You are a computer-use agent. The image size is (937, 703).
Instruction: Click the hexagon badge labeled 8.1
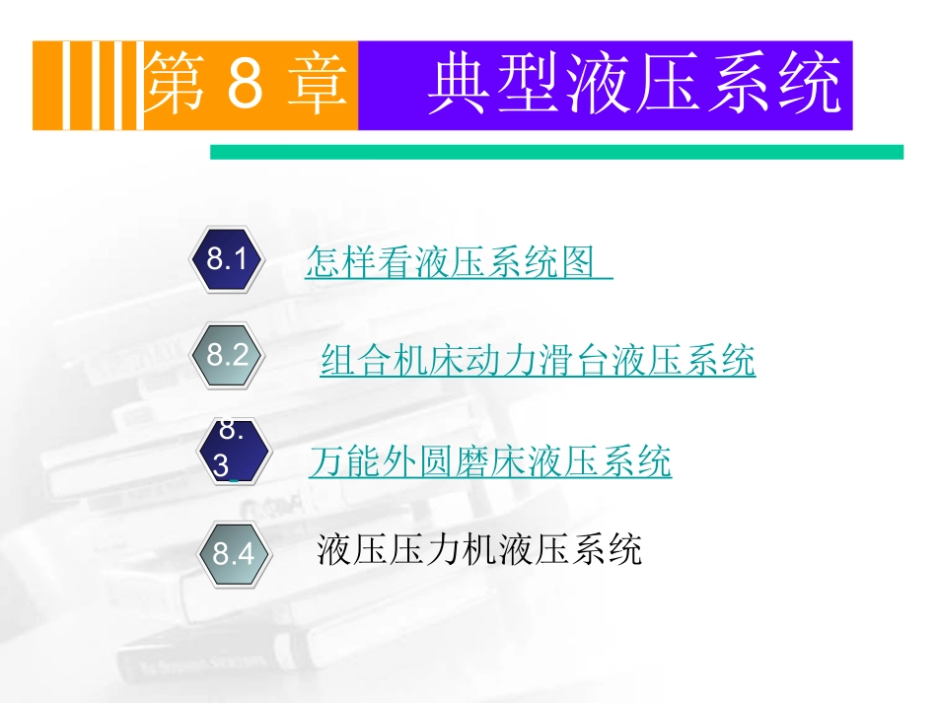pos(226,260)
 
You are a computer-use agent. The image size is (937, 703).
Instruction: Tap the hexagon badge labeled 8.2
pos(226,355)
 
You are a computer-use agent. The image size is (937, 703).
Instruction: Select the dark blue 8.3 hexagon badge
pos(233,451)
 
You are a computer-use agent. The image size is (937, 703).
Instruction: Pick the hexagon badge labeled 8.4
pos(233,552)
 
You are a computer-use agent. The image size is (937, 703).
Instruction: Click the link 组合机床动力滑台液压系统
pos(538,362)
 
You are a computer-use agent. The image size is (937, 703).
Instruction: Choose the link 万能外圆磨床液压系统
pos(490,461)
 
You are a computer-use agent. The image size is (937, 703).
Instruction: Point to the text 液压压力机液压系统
pos(479,549)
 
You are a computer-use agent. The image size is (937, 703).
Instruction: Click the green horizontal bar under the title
pos(556,152)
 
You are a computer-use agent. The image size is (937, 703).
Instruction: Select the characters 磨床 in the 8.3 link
pos(490,461)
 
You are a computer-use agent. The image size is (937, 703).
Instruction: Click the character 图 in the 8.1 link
pos(580,262)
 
